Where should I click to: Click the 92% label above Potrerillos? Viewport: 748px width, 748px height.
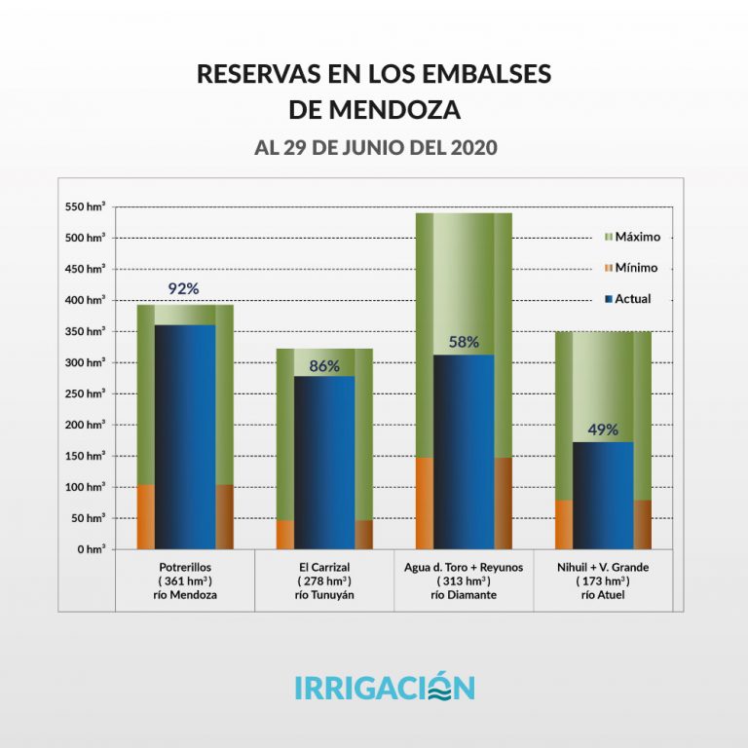[x=184, y=288]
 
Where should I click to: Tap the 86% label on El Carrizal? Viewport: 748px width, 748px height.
[x=324, y=366]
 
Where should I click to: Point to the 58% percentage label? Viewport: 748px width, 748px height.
[x=464, y=342]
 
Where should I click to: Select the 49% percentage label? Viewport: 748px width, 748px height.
[x=603, y=430]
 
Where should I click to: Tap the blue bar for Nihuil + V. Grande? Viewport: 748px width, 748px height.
[x=603, y=497]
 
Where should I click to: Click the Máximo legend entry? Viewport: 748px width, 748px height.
[x=632, y=237]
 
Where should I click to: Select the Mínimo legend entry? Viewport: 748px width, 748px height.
[x=631, y=268]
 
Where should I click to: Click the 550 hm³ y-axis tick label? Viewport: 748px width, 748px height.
[x=84, y=206]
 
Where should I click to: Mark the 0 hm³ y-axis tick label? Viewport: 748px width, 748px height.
[x=90, y=549]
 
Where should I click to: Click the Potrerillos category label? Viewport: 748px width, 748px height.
[x=185, y=567]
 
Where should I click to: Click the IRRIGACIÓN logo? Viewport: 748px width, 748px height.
[x=384, y=687]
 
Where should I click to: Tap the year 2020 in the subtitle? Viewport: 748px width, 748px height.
[x=468, y=148]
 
